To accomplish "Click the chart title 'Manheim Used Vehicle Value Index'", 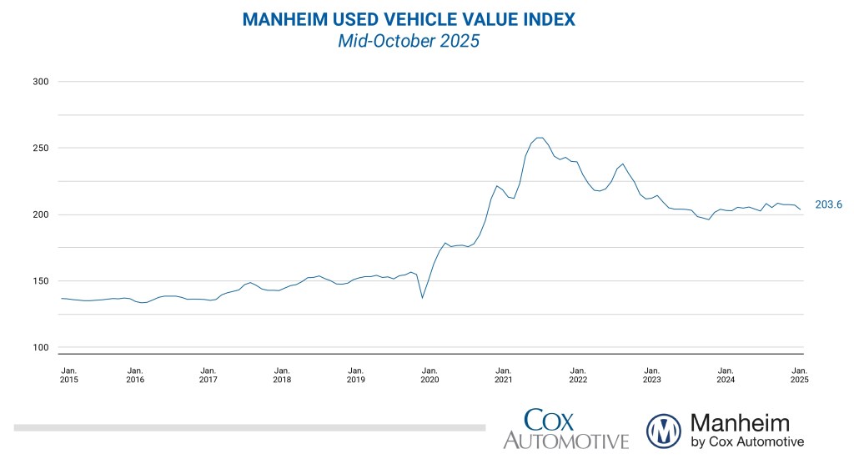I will coord(409,19).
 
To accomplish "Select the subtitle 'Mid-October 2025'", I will coord(409,41).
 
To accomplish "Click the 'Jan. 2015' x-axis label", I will coord(70,374).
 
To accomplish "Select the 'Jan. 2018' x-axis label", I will coord(282,374).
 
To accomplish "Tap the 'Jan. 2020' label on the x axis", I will coord(430,374).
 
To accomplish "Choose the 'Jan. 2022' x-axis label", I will coord(577,374).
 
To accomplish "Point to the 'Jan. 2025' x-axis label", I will coord(799,374).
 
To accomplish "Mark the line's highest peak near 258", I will coord(540,138).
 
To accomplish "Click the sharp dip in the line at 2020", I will coord(422,297).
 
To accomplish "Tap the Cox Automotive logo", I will coord(565,429).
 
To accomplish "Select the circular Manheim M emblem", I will coord(664,431).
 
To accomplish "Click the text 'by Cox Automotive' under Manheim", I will coord(747,441).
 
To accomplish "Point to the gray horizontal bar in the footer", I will coord(249,427).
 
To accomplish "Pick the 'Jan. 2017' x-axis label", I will coord(208,374).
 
